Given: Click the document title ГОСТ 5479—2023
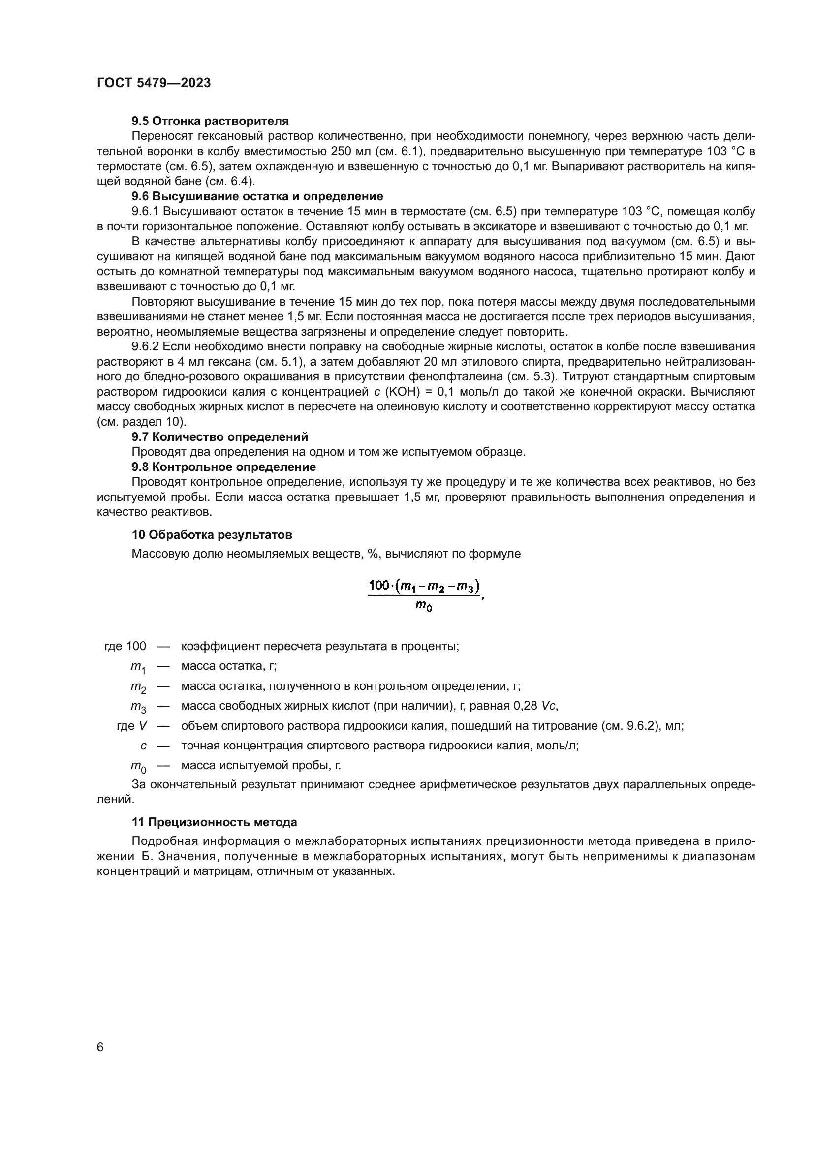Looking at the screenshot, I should tap(154, 83).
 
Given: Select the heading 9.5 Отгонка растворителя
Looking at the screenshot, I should tap(210, 121).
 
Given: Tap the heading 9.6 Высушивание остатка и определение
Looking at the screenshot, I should tap(257, 196).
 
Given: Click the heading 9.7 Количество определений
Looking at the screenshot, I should tap(219, 436).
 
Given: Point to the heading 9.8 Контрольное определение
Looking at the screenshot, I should tap(223, 467).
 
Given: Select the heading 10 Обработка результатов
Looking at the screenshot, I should tap(212, 534).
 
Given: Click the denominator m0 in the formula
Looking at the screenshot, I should tap(424, 607).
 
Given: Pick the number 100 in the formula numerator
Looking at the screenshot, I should tap(379, 585).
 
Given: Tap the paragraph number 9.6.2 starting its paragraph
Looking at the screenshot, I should tap(145, 346).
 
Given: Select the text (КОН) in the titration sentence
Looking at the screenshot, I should tap(402, 392).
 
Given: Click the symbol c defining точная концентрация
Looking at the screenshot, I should tap(143, 746).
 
